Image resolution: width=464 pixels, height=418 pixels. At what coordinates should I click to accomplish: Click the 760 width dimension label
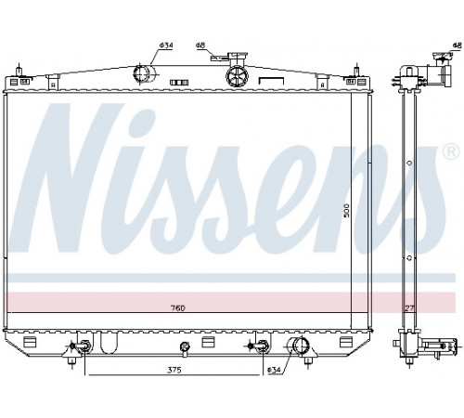pos(177,308)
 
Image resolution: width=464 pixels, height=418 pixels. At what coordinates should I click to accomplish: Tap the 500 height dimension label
pos(346,210)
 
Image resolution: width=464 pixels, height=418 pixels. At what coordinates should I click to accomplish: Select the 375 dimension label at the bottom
pos(174,370)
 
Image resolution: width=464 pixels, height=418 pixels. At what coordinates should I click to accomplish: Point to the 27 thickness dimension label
pos(409,308)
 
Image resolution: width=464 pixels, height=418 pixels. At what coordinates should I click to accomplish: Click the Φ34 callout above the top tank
pos(166,46)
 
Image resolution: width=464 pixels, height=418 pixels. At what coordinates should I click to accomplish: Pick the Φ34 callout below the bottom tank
pos(274,370)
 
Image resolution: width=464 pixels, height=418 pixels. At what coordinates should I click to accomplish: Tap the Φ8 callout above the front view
pos(200,46)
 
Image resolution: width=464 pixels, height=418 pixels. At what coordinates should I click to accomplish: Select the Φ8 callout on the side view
pos(457,46)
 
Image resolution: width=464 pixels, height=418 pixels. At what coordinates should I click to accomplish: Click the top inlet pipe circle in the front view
pos(141,73)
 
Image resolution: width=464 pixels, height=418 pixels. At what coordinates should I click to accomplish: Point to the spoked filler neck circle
pos(238,76)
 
